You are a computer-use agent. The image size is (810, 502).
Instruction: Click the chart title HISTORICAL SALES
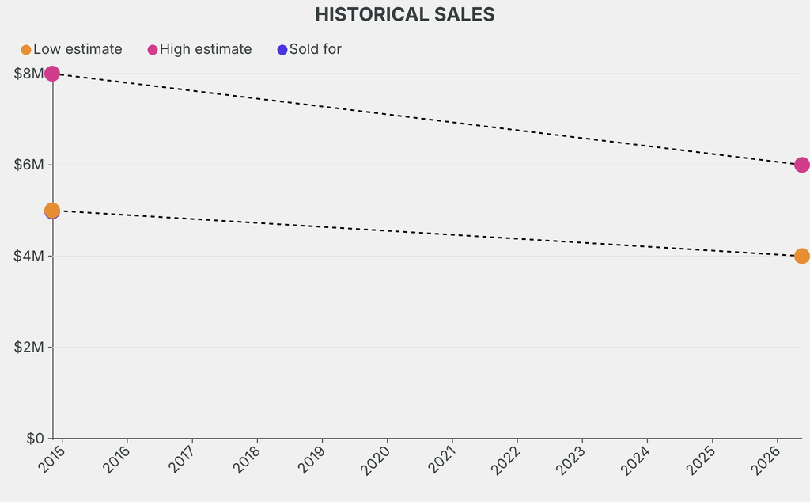pyautogui.click(x=404, y=14)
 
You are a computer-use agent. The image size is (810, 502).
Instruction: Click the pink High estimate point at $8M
pyautogui.click(x=52, y=74)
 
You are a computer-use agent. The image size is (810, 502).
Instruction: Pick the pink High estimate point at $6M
pyautogui.click(x=801, y=165)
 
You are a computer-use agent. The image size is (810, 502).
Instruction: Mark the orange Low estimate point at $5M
pyautogui.click(x=52, y=210)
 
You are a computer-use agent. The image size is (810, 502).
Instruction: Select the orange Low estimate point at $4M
pyautogui.click(x=801, y=256)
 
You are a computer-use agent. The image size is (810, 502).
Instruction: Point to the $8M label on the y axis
pyautogui.click(x=29, y=74)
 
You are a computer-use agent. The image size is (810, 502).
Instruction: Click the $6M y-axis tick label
pyautogui.click(x=29, y=165)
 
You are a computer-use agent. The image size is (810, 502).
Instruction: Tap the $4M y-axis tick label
pyautogui.click(x=29, y=256)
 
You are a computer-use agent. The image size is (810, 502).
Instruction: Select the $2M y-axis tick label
pyautogui.click(x=29, y=347)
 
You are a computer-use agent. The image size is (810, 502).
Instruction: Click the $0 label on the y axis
pyautogui.click(x=35, y=438)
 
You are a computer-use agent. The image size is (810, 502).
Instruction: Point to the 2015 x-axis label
pyautogui.click(x=52, y=460)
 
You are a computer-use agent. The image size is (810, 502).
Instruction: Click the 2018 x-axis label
pyautogui.click(x=247, y=460)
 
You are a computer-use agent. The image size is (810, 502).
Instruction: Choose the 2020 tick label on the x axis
pyautogui.click(x=377, y=460)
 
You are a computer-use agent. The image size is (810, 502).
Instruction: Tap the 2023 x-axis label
pyautogui.click(x=571, y=460)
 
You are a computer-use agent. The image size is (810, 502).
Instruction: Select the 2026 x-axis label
pyautogui.click(x=766, y=460)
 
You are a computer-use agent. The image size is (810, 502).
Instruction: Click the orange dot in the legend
pyautogui.click(x=26, y=50)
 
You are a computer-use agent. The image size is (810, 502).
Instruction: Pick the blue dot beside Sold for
pyautogui.click(x=282, y=50)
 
